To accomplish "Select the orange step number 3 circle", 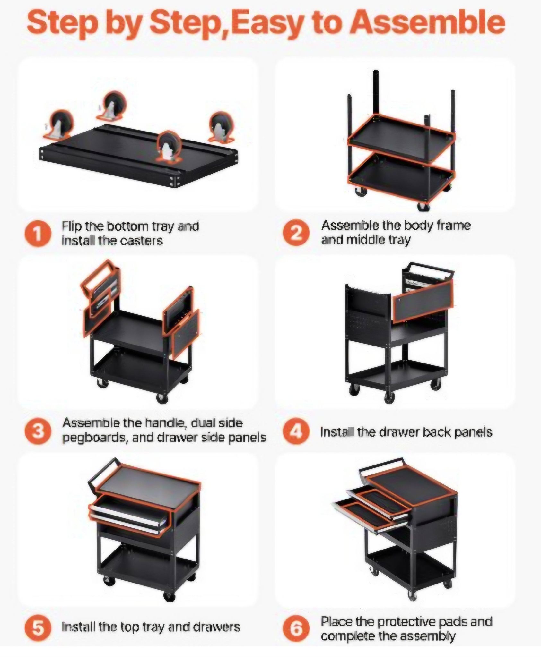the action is tap(38, 431).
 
